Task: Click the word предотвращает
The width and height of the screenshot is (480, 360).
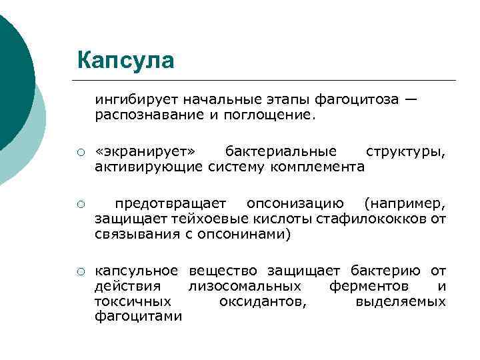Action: [x=171, y=203]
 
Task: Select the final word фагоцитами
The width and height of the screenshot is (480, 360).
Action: [x=138, y=317]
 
